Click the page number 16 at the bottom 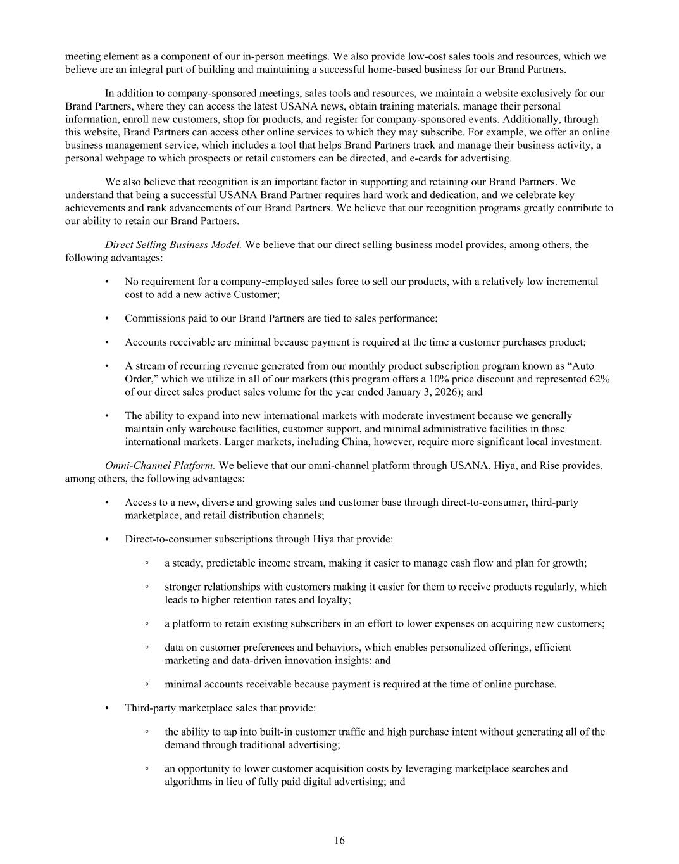click(x=340, y=841)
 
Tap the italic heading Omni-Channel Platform click(x=160, y=466)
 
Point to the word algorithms click(x=187, y=782)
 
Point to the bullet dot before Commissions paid click(x=107, y=319)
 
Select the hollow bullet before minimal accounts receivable click(x=147, y=684)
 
